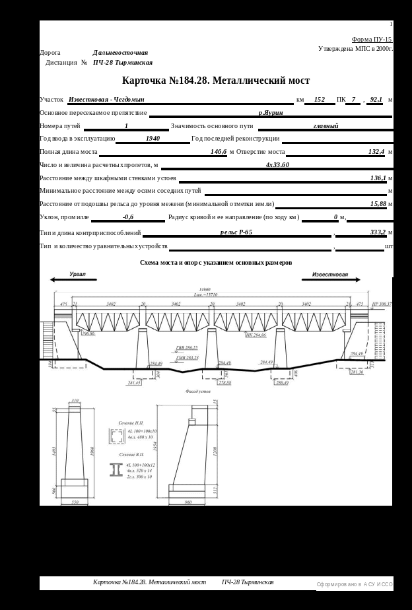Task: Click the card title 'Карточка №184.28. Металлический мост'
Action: click(x=216, y=81)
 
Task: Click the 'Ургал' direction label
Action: click(x=78, y=274)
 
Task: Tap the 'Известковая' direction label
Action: click(x=330, y=274)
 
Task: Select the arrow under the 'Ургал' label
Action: click(x=74, y=280)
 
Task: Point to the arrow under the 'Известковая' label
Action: click(x=331, y=280)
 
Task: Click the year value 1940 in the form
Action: click(x=153, y=139)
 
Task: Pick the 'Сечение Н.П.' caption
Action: click(x=130, y=423)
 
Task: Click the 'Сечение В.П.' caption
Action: click(x=130, y=455)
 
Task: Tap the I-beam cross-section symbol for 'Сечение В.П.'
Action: click(x=115, y=470)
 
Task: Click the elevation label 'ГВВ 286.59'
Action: click(x=186, y=347)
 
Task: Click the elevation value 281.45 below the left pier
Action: click(x=134, y=383)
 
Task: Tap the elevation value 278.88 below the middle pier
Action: click(x=224, y=383)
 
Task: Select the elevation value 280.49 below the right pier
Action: click(x=282, y=383)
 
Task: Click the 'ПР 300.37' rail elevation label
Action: click(x=382, y=304)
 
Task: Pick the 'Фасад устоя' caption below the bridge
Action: click(x=198, y=391)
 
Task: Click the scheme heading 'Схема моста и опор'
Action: click(x=216, y=263)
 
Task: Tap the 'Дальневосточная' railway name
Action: click(x=120, y=52)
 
